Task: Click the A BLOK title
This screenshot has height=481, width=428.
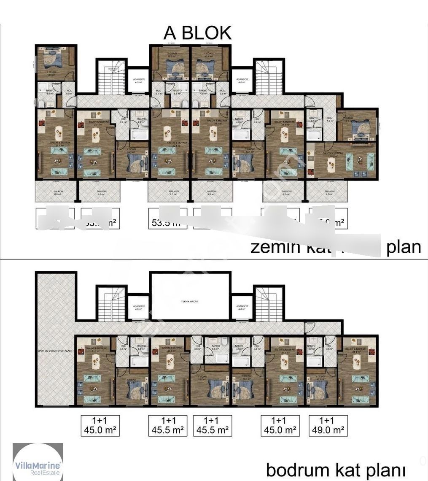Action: click(198, 33)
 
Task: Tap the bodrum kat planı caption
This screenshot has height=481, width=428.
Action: click(336, 469)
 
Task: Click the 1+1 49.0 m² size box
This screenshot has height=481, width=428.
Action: click(328, 425)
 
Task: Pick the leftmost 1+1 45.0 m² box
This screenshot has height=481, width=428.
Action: click(100, 425)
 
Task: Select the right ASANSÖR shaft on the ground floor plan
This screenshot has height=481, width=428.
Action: click(242, 81)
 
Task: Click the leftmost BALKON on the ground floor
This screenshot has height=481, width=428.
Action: click(55, 192)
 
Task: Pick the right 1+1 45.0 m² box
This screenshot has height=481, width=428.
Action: click(280, 425)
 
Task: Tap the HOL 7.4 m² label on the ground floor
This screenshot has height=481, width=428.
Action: click(329, 119)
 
